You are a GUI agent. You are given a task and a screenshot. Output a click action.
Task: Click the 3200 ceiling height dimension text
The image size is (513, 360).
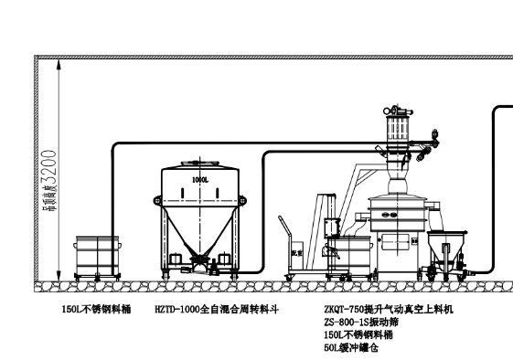click(48, 164)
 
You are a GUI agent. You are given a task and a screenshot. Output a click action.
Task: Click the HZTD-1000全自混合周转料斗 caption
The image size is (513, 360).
click(216, 310)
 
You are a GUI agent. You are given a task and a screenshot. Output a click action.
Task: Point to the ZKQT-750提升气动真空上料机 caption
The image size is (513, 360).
click(389, 310)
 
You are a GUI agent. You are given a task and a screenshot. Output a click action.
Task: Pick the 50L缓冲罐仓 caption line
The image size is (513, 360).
click(348, 348)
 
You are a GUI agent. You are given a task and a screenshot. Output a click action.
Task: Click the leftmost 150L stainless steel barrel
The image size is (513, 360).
click(98, 256)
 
